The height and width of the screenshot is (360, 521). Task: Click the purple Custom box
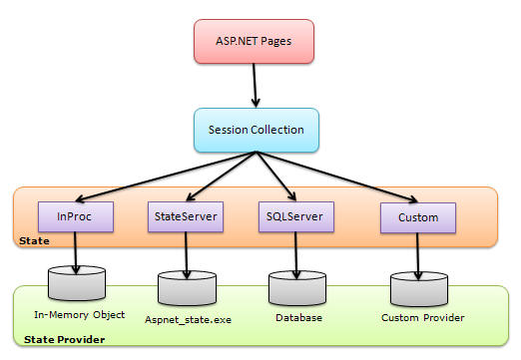[x=417, y=215]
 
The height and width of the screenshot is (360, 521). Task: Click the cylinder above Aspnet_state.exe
[x=186, y=289]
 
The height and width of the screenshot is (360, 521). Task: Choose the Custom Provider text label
[x=423, y=318]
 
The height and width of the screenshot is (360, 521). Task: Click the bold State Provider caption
[x=58, y=341]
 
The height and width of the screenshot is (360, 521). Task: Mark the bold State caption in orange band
[x=33, y=242]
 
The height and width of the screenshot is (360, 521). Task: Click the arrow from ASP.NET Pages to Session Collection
[x=258, y=88]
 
